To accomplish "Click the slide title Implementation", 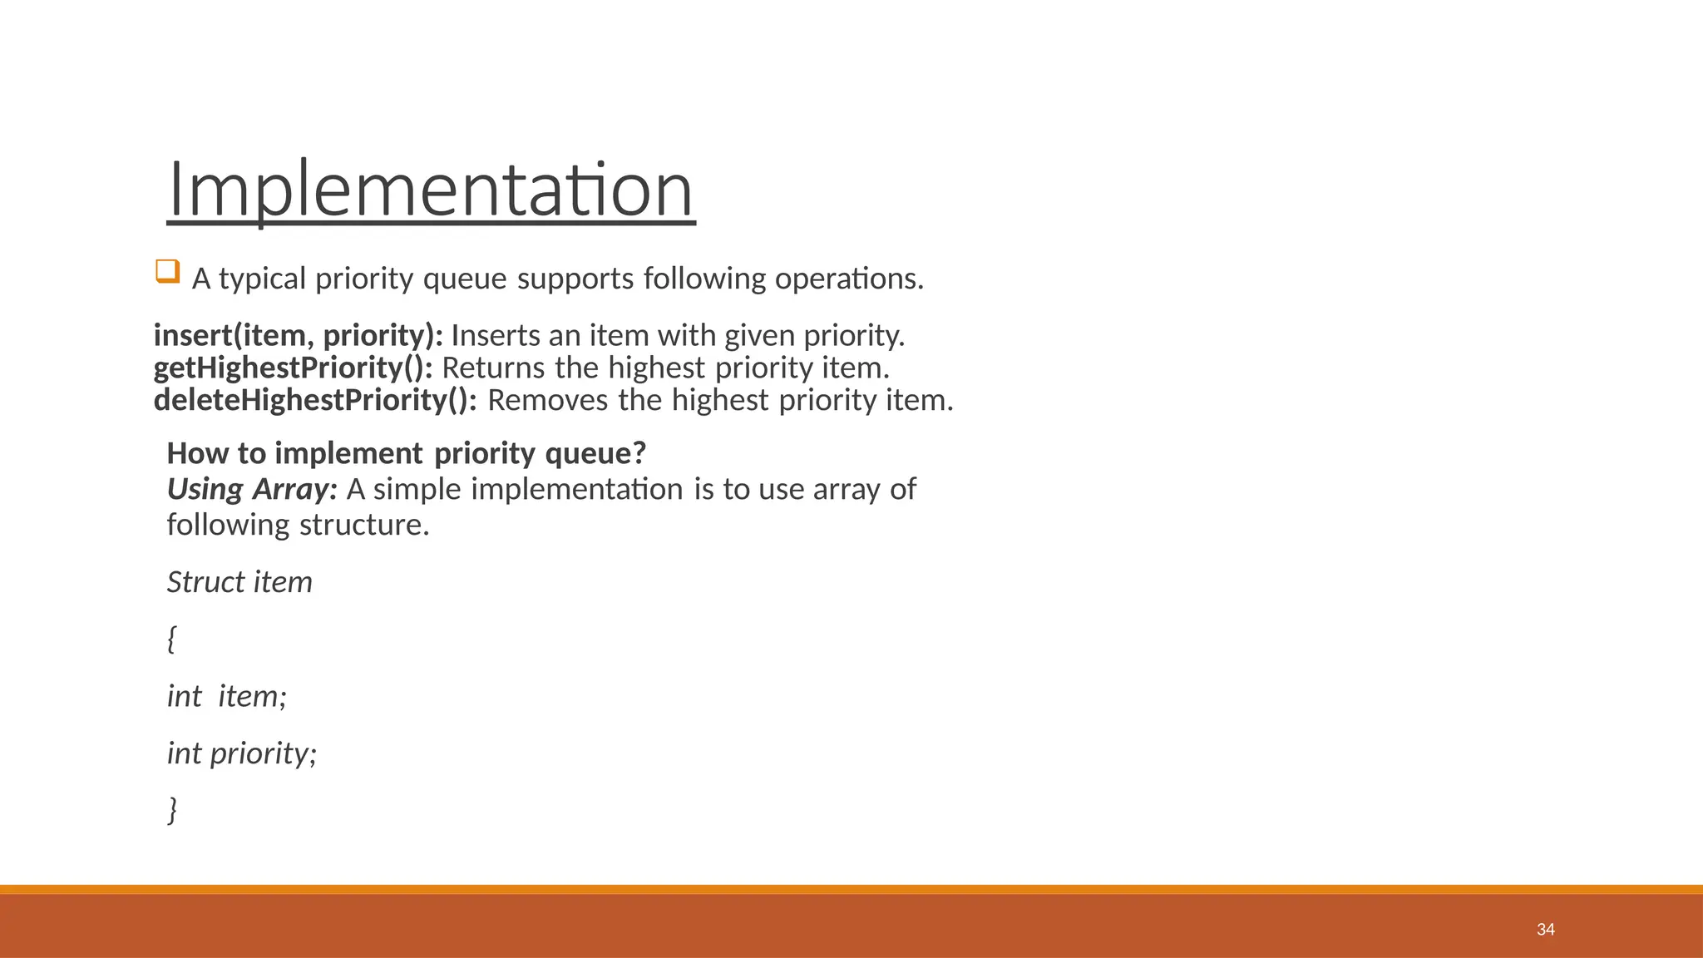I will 430,190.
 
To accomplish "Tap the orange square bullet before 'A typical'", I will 167,272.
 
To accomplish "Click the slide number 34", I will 1545,930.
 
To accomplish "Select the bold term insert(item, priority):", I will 299,336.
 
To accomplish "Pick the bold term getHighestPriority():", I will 293,368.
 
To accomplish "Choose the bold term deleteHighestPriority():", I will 315,400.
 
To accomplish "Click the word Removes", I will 548,400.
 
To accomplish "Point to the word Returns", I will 493,368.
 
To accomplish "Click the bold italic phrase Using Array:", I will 252,489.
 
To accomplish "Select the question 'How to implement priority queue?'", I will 406,453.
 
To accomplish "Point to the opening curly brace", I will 171,639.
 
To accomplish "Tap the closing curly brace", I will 173,809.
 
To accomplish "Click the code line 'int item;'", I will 226,696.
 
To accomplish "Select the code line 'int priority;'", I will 241,753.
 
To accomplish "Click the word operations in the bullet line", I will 848,279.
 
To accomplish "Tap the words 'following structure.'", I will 298,525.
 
